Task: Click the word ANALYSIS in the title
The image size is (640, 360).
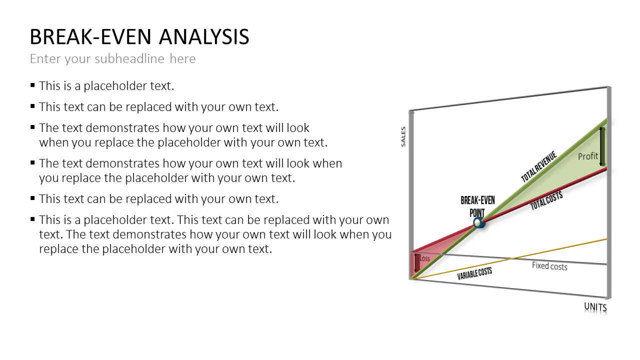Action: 204,37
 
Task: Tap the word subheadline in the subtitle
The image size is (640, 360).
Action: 129,58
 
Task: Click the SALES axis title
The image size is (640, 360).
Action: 403,137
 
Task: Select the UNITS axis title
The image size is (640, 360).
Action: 595,307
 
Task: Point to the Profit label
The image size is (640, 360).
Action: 587,156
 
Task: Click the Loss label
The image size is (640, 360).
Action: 424,258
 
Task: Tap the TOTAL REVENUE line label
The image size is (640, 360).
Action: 539,166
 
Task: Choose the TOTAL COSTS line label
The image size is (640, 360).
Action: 546,200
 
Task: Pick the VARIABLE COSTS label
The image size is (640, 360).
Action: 474,273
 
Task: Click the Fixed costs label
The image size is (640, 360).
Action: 549,266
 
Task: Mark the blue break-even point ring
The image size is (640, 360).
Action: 478,223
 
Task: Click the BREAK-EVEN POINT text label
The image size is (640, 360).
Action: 477,206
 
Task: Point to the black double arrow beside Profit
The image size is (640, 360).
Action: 601,146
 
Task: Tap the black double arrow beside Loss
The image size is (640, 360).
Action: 415,262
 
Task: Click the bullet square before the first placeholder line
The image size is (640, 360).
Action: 32,85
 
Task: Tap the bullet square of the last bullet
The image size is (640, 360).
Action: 32,219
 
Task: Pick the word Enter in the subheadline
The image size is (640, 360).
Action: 45,58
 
